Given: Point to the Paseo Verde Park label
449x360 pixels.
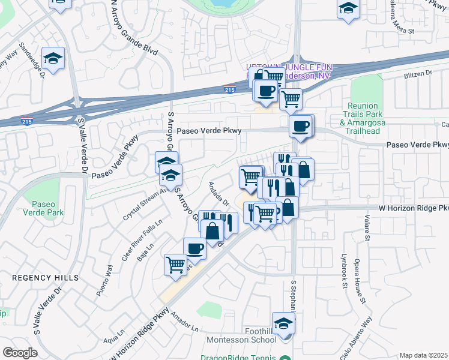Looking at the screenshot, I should pos(43,208).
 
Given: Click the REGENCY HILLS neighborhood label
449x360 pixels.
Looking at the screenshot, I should pos(45,278).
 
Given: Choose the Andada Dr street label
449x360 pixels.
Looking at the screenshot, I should pos(218,193).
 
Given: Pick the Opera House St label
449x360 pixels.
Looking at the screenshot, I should pos(361,289).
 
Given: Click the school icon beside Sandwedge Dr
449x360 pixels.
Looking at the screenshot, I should pos(53,59).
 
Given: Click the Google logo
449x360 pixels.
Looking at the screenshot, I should pos(20,352).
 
